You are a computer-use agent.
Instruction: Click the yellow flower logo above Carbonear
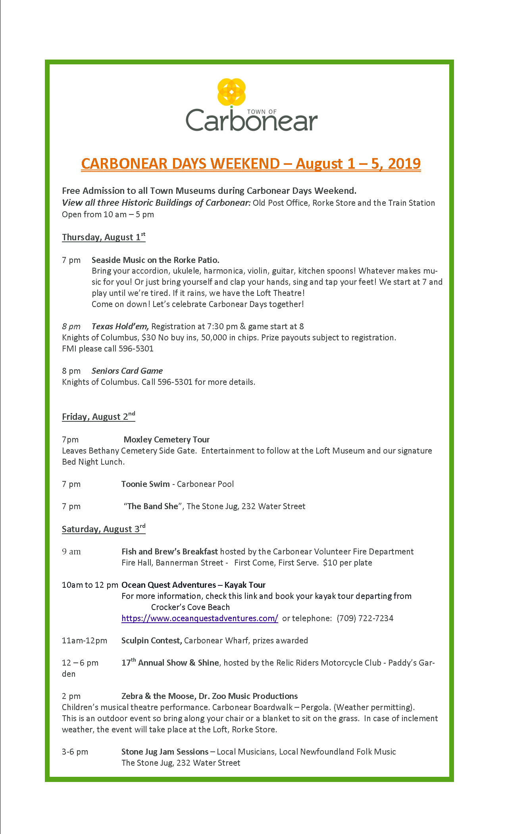[231, 92]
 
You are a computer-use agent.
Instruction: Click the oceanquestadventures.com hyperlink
[200, 618]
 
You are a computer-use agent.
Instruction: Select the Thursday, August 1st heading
[104, 237]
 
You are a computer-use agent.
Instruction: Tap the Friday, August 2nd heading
[98, 417]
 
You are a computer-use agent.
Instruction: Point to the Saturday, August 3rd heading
[104, 529]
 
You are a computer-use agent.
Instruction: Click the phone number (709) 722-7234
[365, 618]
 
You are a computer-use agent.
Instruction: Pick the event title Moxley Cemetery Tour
[166, 440]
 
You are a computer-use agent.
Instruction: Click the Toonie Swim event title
[145, 484]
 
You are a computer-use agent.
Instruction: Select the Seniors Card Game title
[127, 371]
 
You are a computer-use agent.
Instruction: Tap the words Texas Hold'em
[120, 326]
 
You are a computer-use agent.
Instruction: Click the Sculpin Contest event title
[151, 641]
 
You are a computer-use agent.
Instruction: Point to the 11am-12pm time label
[85, 641]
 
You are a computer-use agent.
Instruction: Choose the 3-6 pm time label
[75, 752]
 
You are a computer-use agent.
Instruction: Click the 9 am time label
[71, 552]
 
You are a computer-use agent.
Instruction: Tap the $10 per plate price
[347, 563]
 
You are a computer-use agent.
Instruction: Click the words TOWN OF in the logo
[262, 112]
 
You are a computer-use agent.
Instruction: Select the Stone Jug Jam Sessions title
[165, 752]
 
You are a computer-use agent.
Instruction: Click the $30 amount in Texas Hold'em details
[148, 338]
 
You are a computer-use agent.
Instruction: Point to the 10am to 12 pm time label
[90, 585]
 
